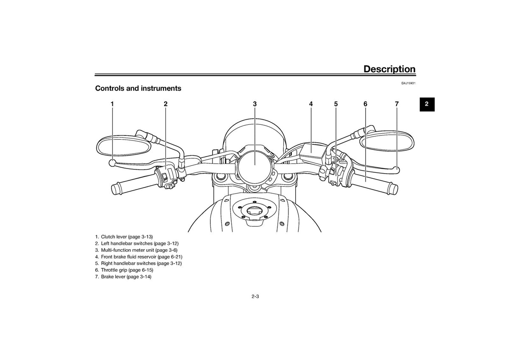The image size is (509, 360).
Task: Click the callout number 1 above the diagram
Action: tap(112, 104)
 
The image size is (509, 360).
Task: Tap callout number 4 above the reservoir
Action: tap(311, 104)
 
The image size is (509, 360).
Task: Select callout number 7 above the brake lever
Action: tap(397, 104)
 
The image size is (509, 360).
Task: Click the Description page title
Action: tap(389, 69)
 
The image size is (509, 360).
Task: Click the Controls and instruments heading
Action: tap(138, 88)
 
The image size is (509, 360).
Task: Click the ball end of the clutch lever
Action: tap(112, 163)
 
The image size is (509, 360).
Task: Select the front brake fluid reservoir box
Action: tap(312, 151)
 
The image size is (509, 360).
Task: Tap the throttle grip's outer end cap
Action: tap(393, 188)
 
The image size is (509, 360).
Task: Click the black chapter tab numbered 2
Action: tap(427, 104)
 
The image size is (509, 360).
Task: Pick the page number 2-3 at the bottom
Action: tap(255, 297)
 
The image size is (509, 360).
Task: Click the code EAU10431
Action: tap(408, 83)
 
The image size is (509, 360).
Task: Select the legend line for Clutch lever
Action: tap(124, 237)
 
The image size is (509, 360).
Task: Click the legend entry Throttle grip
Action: tap(124, 270)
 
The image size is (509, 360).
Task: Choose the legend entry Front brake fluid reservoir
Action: tap(139, 257)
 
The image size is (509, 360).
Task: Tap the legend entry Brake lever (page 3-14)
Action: tap(123, 276)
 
